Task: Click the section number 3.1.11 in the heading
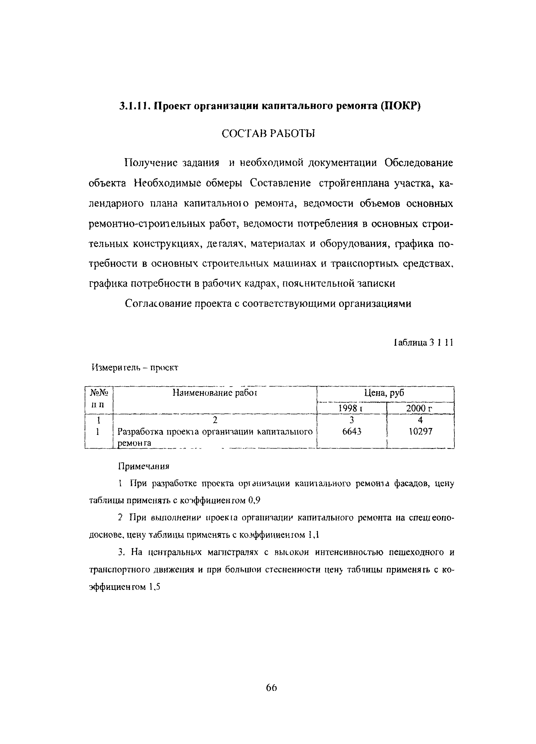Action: pos(135,107)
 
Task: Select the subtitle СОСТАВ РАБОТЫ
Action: pos(268,134)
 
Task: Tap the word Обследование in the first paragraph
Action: pos(418,163)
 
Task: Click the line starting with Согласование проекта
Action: pos(268,303)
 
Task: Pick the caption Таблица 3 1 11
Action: pos(423,343)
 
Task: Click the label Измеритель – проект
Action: pos(135,368)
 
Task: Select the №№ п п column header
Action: pos(98,398)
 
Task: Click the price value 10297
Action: pos(420,431)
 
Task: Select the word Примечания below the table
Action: pos(143,466)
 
